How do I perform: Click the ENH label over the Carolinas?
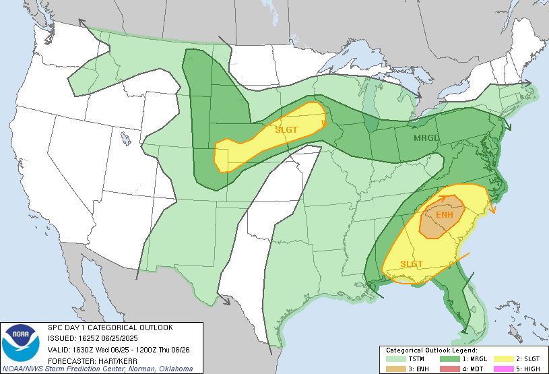pos(445,215)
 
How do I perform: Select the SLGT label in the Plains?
pos(286,129)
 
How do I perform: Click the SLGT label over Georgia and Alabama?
pos(412,263)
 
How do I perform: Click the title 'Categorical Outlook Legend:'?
pos(431,350)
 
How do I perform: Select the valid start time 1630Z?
pos(78,349)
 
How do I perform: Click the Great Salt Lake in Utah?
pos(126,137)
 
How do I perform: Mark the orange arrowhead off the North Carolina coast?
pos(493,211)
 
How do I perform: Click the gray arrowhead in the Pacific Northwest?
pos(82,22)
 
